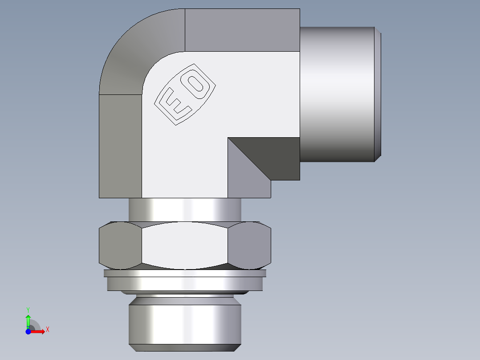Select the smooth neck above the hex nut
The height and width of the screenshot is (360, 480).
(x=185, y=209)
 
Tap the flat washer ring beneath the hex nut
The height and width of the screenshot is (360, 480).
(x=185, y=283)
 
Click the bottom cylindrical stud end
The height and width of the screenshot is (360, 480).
(x=185, y=321)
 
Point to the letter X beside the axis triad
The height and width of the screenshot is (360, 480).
(x=47, y=330)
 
